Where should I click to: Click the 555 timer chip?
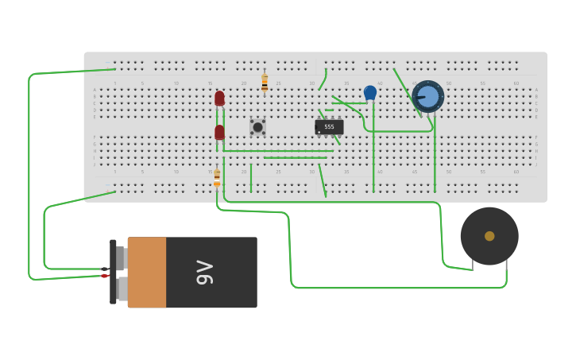[x=329, y=127]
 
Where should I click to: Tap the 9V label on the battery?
[x=204, y=272]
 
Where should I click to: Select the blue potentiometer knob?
[x=427, y=97]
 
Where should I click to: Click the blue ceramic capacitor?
[x=370, y=93]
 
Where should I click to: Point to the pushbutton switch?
[x=257, y=127]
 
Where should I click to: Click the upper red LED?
[x=219, y=99]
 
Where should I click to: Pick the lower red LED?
[x=219, y=132]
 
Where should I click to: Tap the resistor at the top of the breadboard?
[x=265, y=83]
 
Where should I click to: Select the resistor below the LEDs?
[x=217, y=178]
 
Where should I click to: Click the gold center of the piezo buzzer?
[x=489, y=236]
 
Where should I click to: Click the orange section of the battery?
[x=147, y=273]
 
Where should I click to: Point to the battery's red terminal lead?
[x=104, y=276]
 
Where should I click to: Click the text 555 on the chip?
[x=329, y=126]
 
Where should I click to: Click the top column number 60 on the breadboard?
[x=516, y=83]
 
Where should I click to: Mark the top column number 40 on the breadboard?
[x=380, y=83]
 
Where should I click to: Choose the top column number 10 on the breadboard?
[x=176, y=83]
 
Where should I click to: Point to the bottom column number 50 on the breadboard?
[x=448, y=172]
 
